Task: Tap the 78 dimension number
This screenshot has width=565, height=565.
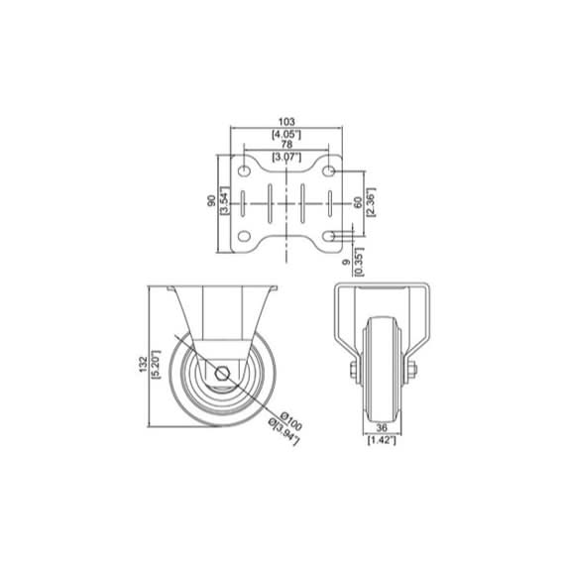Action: tap(285, 146)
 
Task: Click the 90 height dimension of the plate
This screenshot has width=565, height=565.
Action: tap(210, 201)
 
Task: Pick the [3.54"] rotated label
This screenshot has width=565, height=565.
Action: tap(223, 201)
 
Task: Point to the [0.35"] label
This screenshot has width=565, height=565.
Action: tap(360, 263)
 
